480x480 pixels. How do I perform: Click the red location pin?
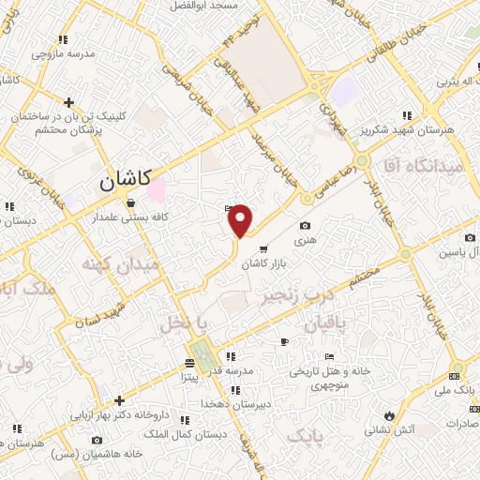click(x=241, y=219)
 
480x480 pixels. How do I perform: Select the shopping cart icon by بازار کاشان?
click(x=263, y=249)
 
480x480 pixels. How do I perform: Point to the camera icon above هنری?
click(x=306, y=226)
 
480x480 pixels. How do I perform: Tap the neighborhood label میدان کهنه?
click(x=121, y=265)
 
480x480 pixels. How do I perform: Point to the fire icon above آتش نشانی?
click(x=388, y=413)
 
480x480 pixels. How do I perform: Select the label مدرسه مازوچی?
click(x=64, y=53)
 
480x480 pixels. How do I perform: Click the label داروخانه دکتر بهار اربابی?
click(x=118, y=412)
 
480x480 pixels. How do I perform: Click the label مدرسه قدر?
click(x=252, y=370)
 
